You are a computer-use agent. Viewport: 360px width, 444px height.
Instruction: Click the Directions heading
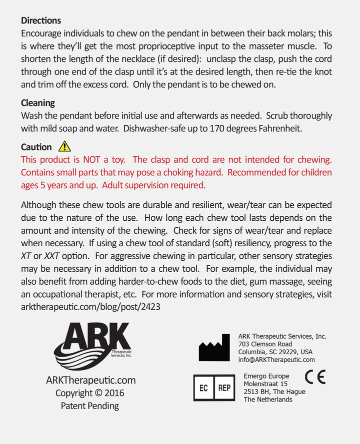tap(41, 20)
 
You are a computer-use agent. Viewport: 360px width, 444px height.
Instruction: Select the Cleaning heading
tap(38, 103)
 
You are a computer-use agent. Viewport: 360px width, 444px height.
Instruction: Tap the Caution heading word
tap(36, 147)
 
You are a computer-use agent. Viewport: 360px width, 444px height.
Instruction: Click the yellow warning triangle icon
tap(64, 146)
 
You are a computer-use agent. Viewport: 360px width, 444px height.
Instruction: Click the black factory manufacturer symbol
tap(214, 348)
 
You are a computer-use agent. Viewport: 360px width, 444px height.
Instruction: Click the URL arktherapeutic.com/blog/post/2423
tap(90, 307)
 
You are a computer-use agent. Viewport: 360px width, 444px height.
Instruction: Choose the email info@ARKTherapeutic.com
tap(276, 360)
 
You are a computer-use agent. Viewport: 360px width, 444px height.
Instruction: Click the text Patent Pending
tap(90, 406)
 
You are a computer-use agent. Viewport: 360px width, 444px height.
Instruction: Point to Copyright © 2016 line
tap(90, 393)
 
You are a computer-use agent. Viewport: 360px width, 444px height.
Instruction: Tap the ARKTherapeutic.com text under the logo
tap(90, 380)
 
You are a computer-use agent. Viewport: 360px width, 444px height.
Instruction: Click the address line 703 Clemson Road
tap(265, 344)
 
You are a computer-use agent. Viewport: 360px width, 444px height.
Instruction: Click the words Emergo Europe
tap(266, 376)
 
